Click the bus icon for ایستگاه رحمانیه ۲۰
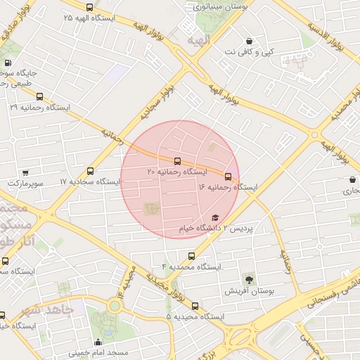tap(176, 161)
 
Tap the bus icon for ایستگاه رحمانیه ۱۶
tap(228, 176)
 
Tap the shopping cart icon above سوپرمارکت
tap(26, 172)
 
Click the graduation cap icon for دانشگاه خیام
tap(215, 218)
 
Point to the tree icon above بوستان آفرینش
tap(247, 279)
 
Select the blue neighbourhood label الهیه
tap(202, 40)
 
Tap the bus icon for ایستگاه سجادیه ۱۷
tap(90, 171)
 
